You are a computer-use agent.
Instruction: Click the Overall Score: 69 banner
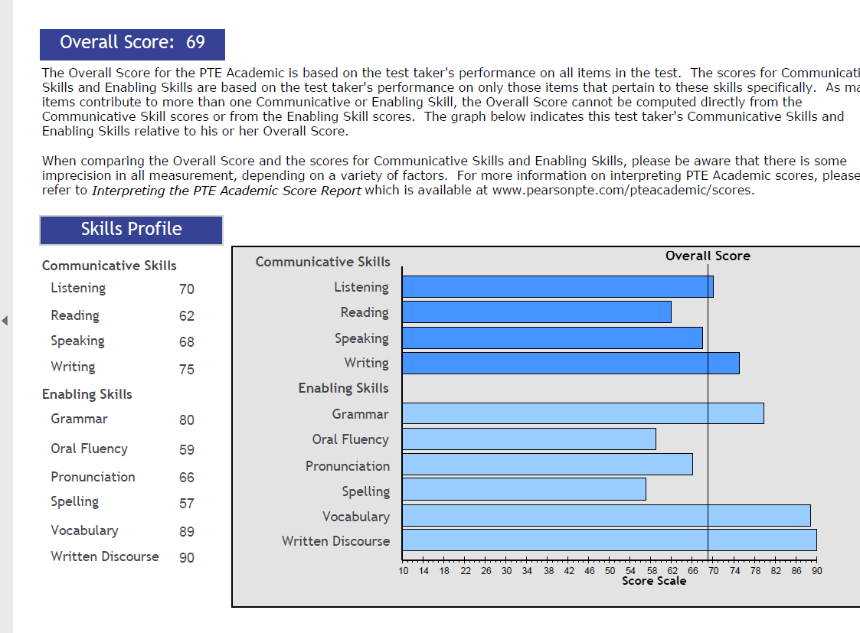click(x=132, y=43)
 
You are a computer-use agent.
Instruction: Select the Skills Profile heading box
click(x=131, y=230)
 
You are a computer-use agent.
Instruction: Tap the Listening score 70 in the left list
click(x=187, y=289)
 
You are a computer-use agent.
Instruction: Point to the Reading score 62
click(x=187, y=316)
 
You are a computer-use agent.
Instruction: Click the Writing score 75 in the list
click(x=187, y=370)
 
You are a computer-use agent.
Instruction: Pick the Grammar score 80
click(x=187, y=420)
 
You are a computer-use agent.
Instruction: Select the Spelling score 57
click(x=187, y=504)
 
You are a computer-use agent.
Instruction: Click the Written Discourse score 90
click(x=187, y=558)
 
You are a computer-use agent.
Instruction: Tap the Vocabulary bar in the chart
click(x=606, y=515)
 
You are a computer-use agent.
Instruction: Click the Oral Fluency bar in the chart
click(x=528, y=439)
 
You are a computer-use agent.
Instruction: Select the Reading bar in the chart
click(x=536, y=312)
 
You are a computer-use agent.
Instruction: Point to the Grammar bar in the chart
click(x=582, y=413)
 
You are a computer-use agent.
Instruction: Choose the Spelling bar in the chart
click(x=524, y=489)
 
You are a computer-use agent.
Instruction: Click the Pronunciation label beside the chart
click(x=348, y=466)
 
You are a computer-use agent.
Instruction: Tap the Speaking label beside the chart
click(x=361, y=338)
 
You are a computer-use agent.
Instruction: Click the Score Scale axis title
click(x=654, y=581)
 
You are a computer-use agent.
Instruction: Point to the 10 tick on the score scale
click(x=404, y=571)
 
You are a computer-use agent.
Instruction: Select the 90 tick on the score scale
click(x=816, y=571)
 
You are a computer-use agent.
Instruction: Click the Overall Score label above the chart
click(x=708, y=256)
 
